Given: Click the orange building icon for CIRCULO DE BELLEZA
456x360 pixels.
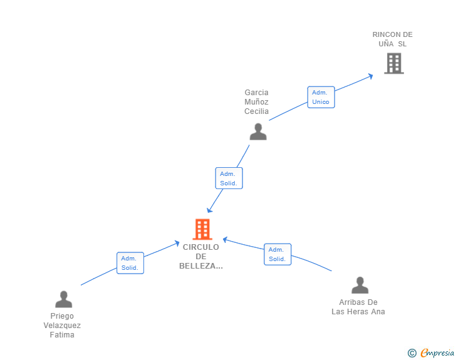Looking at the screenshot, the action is (x=202, y=229).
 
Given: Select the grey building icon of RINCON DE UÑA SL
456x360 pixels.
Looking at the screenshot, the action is (x=394, y=63).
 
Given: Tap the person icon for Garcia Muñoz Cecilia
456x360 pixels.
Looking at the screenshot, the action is (x=258, y=131).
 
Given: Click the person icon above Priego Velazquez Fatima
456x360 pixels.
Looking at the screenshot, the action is (x=64, y=299).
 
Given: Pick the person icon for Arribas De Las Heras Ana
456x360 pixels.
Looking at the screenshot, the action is (x=360, y=285).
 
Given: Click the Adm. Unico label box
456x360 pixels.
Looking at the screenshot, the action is (x=321, y=97).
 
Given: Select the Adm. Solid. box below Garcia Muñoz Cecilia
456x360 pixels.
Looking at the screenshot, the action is (x=229, y=178).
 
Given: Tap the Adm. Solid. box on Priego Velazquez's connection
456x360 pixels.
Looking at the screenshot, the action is (x=130, y=263).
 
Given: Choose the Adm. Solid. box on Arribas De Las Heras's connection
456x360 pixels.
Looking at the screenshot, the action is (x=277, y=254).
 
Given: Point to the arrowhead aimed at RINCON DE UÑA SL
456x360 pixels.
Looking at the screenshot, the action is (x=371, y=76).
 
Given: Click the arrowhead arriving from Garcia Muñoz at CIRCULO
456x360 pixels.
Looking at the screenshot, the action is (x=209, y=210).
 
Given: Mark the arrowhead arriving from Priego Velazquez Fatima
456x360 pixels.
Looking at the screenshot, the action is (x=177, y=244).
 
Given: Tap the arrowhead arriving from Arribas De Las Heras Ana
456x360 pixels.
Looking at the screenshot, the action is (x=225, y=240).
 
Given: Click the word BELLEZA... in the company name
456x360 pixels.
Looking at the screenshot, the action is (x=201, y=266).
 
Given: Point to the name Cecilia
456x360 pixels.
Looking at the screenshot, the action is (x=257, y=111).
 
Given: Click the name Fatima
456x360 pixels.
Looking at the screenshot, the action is (x=62, y=335).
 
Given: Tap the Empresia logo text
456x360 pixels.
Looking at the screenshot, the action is (x=437, y=352).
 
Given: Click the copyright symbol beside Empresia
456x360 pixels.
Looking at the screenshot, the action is (x=412, y=353).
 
